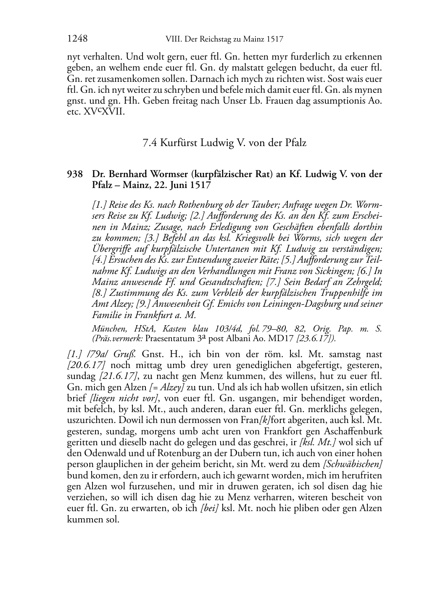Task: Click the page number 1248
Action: (77, 39)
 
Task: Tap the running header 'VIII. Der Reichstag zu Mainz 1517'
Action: (222, 39)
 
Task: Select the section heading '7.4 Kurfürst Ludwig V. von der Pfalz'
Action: (224, 143)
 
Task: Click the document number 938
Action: (75, 174)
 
